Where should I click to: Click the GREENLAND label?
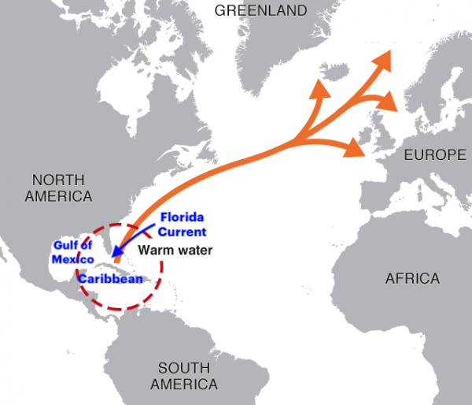click(260, 10)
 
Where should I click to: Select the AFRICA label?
click(412, 278)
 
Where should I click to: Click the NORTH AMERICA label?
click(58, 187)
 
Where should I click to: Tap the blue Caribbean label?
click(109, 278)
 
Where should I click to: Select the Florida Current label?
click(183, 224)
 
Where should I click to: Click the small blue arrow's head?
click(116, 258)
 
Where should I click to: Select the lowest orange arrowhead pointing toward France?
click(356, 147)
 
